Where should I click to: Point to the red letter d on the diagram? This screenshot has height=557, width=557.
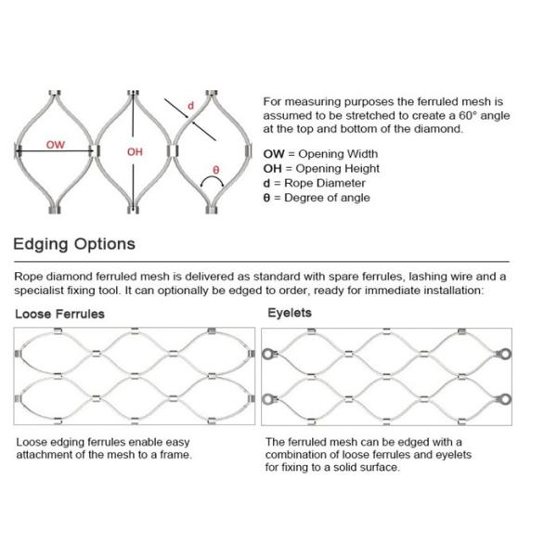click(190, 107)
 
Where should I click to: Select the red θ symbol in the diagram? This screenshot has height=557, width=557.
click(215, 170)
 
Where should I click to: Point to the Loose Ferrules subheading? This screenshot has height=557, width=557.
click(59, 314)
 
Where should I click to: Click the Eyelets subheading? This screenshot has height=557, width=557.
click(290, 313)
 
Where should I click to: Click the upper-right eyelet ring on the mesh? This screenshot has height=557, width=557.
click(503, 354)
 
